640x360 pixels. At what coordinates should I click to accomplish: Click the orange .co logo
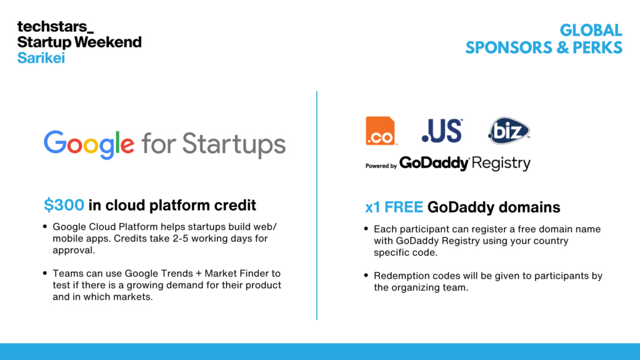tap(381, 131)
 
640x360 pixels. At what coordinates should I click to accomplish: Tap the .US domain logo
tap(442, 131)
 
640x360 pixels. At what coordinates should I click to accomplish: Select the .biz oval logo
tap(509, 131)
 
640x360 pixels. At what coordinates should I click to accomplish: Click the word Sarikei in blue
tap(41, 58)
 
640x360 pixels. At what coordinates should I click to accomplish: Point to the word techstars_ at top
tap(55, 26)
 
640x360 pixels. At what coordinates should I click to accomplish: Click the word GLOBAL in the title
tap(591, 30)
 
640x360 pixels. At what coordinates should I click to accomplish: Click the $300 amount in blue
tap(64, 205)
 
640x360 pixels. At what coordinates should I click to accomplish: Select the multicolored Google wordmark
tap(89, 144)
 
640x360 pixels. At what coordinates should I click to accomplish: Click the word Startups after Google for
tap(234, 145)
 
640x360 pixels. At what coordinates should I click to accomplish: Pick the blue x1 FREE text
tap(394, 207)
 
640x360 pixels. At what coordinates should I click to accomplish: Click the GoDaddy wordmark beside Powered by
tap(434, 163)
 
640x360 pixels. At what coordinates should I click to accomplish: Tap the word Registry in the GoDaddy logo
tap(501, 163)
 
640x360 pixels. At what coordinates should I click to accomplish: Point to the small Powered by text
tap(381, 166)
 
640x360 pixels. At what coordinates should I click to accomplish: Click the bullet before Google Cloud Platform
tap(45, 226)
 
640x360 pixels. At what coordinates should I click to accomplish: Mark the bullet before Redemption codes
tap(366, 276)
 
